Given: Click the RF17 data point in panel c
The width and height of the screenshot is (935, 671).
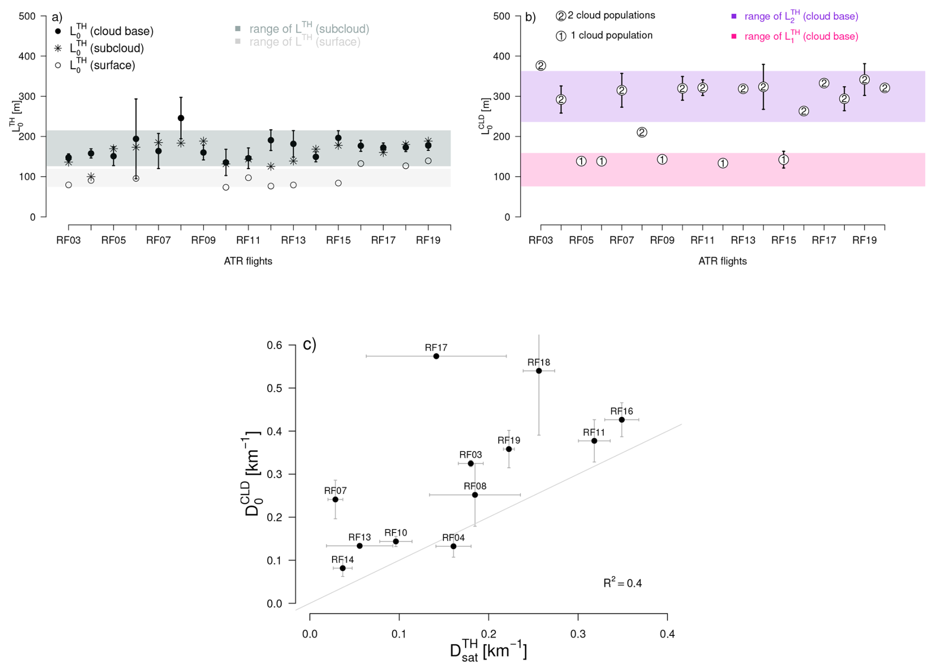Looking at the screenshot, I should click(436, 356).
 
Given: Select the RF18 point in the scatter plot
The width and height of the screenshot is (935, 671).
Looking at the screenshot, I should click(539, 371).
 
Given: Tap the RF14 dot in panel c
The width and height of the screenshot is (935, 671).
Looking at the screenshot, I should click(342, 568).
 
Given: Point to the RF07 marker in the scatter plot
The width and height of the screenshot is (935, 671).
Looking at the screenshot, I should click(335, 499).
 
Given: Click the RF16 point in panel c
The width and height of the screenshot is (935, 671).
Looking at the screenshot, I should click(622, 420).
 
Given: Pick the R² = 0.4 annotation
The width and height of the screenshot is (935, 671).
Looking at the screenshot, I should click(622, 583).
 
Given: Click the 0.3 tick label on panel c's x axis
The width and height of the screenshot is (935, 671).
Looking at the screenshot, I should click(578, 634).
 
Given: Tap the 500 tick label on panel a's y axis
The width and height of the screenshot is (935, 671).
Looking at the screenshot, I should click(27, 16).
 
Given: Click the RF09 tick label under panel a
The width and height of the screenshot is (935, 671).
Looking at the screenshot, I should click(203, 240).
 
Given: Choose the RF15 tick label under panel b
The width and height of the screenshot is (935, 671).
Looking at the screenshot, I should click(783, 240).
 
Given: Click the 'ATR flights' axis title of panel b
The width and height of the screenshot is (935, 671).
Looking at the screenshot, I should click(722, 261).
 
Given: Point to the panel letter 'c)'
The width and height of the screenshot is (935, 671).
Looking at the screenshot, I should click(309, 344).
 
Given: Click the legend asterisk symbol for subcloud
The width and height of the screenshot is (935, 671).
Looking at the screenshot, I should click(58, 48).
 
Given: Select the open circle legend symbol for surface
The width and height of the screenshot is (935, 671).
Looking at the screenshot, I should click(58, 65).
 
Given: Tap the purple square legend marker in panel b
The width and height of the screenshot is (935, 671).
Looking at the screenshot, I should click(734, 16).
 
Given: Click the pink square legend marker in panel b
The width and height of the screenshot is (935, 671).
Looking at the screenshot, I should click(734, 36).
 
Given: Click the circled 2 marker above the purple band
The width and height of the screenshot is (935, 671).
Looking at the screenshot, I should click(541, 66).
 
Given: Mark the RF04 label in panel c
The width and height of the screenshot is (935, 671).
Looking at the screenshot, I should click(453, 537).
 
